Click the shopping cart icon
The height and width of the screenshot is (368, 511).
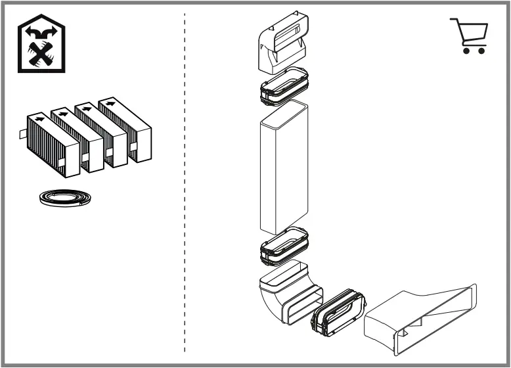[x=469, y=35]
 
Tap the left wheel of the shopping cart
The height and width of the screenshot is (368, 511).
[x=466, y=50]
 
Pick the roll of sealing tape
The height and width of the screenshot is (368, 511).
[x=63, y=198]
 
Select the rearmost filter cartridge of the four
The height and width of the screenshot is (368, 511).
[x=128, y=128]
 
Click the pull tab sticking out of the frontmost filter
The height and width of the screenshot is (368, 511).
[x=22, y=135]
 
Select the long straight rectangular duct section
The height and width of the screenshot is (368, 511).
[x=284, y=168]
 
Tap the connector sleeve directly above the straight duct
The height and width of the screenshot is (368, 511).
[x=284, y=85]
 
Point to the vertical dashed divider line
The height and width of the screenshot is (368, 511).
[x=185, y=184]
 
